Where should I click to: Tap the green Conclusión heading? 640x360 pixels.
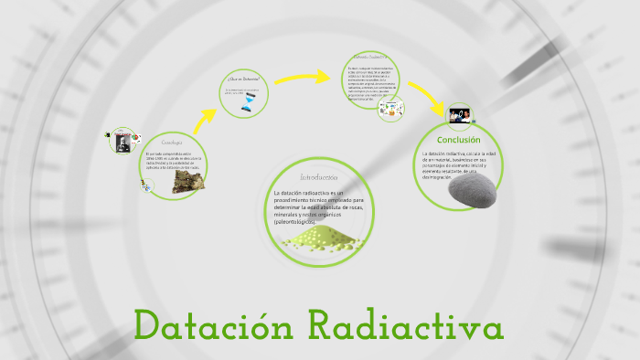(x=458, y=140)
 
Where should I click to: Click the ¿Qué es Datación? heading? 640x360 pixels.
(x=244, y=79)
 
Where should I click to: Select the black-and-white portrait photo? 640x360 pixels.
(x=120, y=143)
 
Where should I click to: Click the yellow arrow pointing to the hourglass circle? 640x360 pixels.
(x=207, y=117)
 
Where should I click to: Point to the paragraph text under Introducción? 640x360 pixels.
(x=319, y=206)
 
